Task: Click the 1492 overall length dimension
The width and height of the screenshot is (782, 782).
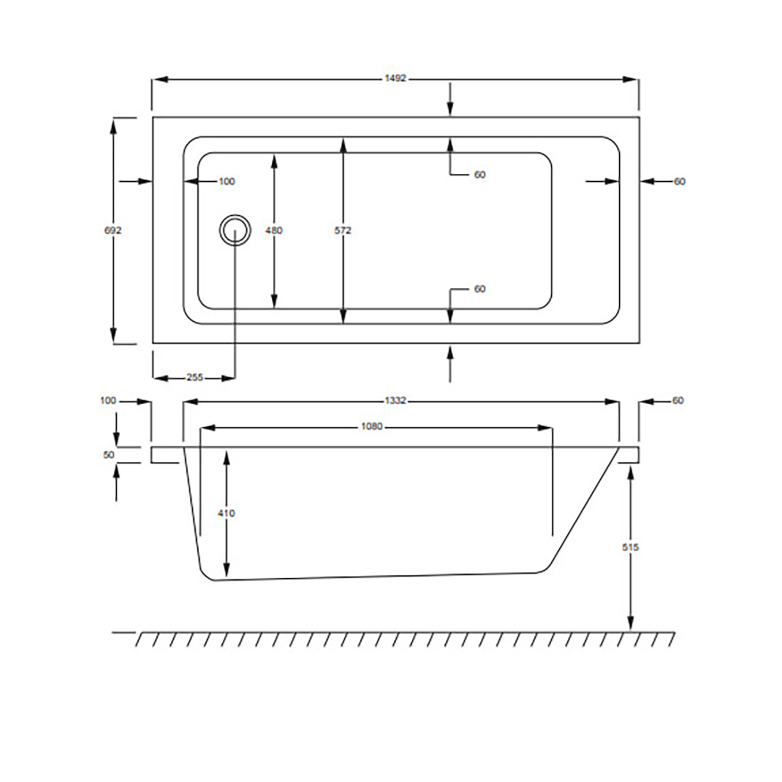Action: coord(396,79)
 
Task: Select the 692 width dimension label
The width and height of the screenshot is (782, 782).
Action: coord(113,231)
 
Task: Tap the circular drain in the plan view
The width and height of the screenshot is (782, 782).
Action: coord(235,230)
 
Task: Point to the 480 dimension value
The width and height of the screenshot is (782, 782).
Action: coord(274,231)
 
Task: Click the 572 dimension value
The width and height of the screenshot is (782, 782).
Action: coord(343,231)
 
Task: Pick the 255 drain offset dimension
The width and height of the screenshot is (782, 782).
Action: coord(194,377)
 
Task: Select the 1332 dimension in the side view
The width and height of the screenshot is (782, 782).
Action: coord(396,401)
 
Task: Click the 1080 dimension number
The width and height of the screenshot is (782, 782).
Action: coord(371,426)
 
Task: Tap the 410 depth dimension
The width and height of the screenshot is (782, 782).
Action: coord(226,514)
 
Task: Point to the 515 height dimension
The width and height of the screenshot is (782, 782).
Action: coord(630,547)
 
